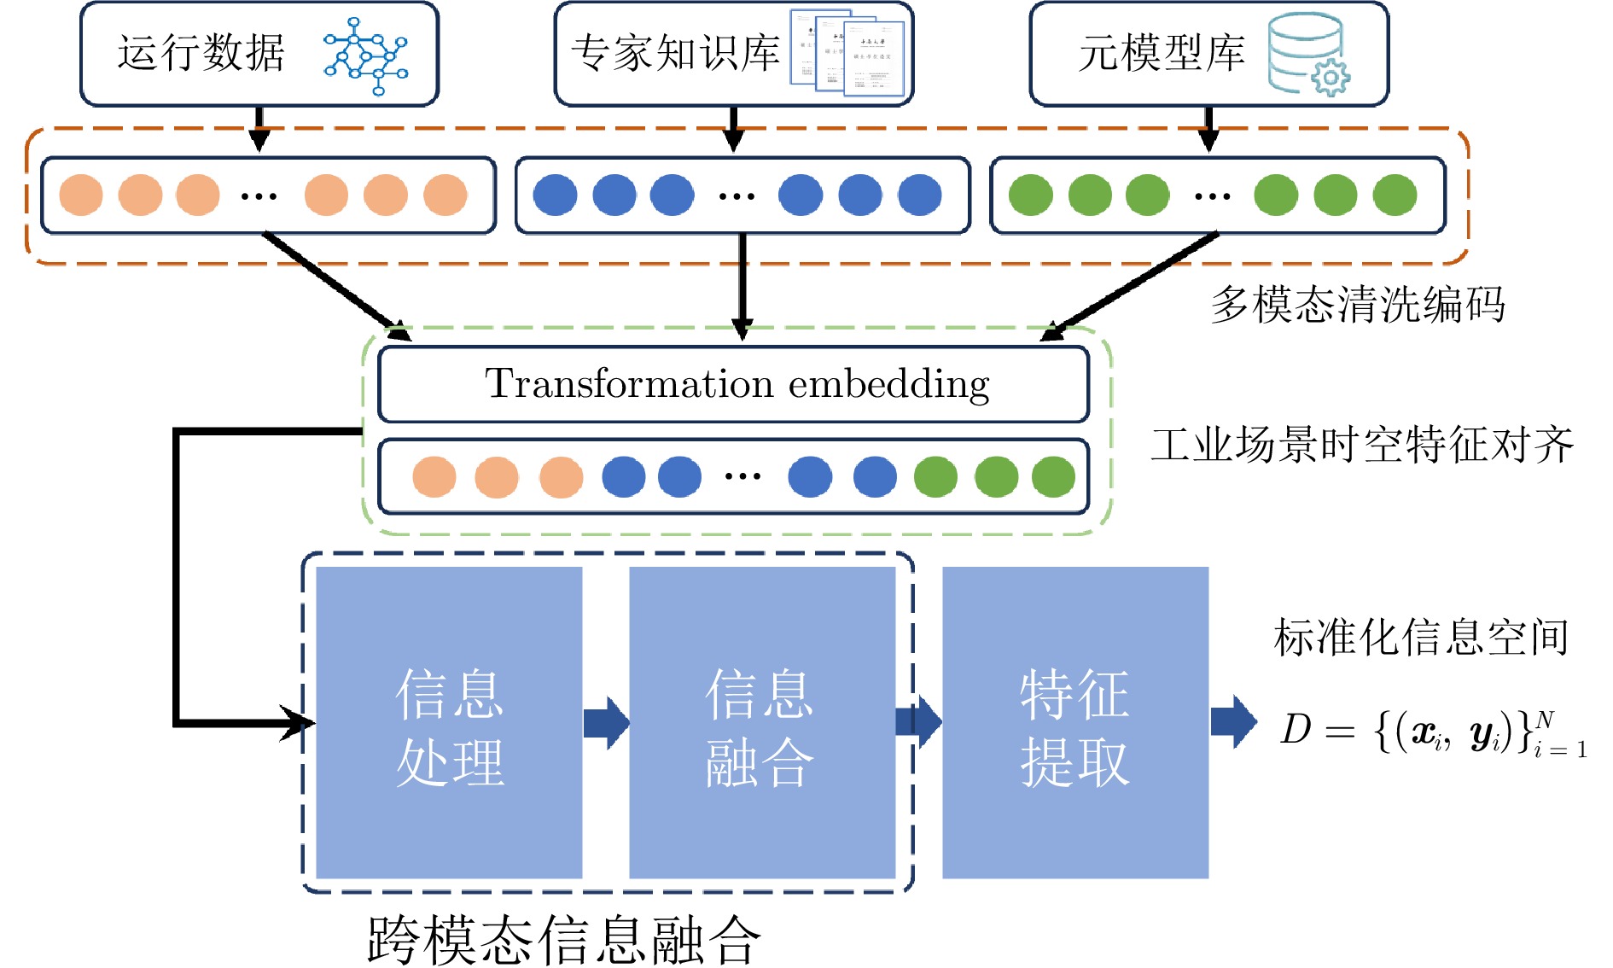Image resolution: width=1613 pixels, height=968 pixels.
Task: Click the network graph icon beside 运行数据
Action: [366, 56]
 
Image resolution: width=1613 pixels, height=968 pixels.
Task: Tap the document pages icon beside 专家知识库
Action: [847, 53]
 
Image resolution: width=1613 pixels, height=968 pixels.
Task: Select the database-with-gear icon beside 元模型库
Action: [1307, 54]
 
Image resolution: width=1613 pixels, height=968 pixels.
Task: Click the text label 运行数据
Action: [201, 54]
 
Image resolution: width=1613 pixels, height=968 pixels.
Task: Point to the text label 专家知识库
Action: [675, 54]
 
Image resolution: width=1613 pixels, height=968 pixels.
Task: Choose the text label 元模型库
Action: [1162, 54]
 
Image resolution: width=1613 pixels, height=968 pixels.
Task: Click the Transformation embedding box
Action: [734, 384]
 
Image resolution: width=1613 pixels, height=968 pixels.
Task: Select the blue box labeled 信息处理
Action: [449, 722]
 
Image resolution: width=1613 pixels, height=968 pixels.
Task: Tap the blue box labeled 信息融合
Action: [761, 722]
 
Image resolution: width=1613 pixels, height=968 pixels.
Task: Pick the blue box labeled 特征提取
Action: [1075, 722]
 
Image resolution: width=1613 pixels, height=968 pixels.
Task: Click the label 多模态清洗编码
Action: [1357, 305]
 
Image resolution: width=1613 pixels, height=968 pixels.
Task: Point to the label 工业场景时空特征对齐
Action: [1362, 445]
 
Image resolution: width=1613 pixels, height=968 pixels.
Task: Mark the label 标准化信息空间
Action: [1421, 637]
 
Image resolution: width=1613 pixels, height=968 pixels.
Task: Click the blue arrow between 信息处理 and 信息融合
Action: [606, 723]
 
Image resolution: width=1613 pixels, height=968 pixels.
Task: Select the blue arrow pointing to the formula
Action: [1233, 722]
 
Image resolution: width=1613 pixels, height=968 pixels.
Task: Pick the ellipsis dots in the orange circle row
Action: [259, 195]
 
